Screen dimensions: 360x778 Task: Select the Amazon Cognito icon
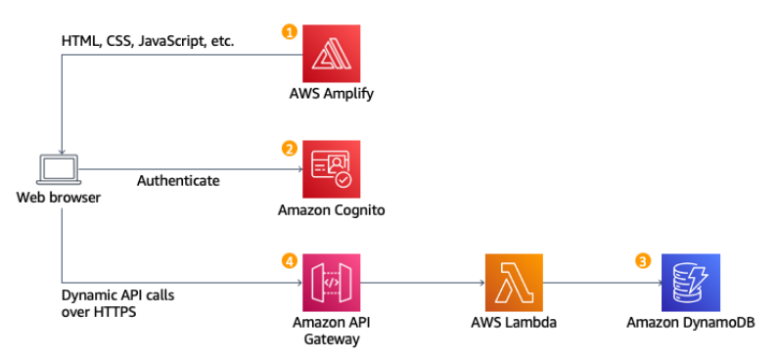click(x=331, y=168)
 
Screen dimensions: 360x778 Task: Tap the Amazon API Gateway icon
click(x=331, y=283)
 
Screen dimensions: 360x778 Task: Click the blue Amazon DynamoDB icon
click(x=691, y=283)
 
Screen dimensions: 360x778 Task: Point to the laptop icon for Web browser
click(x=60, y=169)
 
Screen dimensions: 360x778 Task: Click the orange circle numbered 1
click(x=289, y=31)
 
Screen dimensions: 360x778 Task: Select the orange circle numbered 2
click(x=289, y=149)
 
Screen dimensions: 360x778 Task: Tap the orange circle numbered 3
click(x=643, y=261)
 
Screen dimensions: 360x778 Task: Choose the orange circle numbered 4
click(x=289, y=262)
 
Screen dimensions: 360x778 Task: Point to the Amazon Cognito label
click(x=330, y=210)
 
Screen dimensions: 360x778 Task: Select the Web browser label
click(x=59, y=197)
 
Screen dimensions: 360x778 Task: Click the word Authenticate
click(x=178, y=180)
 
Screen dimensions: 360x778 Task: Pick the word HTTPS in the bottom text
click(x=115, y=313)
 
